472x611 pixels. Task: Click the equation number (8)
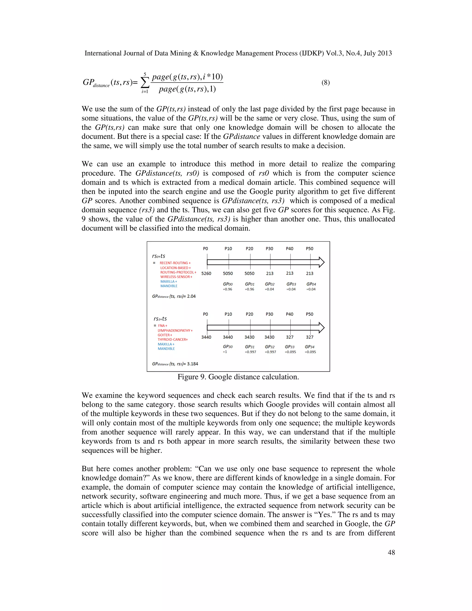[325, 83]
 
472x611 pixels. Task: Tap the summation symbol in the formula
[144, 83]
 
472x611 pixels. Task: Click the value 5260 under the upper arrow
[206, 273]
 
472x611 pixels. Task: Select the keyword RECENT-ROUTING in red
[174, 263]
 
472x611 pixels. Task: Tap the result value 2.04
[191, 296]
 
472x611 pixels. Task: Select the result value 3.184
[192, 364]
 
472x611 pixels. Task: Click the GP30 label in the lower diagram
[228, 347]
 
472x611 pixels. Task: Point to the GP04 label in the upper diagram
[311, 284]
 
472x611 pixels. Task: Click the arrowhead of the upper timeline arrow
[321, 262]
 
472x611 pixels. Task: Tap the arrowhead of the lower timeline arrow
[321, 327]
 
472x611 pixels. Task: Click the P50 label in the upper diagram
[310, 248]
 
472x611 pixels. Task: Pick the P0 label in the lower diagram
[206, 314]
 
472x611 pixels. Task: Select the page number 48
[391, 552]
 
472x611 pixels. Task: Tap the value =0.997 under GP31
[250, 352]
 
